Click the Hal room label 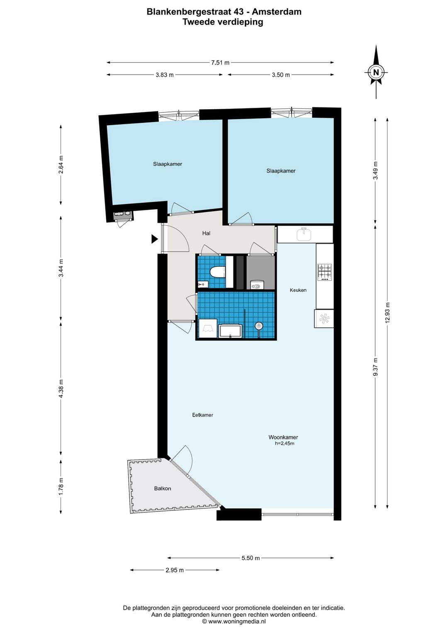pos(206,234)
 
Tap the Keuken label pos(298,290)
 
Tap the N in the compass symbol pos(376,72)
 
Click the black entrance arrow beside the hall pos(154,239)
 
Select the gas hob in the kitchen pos(324,272)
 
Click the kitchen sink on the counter pos(304,234)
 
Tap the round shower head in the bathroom pos(258,326)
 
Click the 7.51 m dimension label pos(220,63)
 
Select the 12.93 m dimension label pos(387,312)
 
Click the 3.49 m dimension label pos(375,170)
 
